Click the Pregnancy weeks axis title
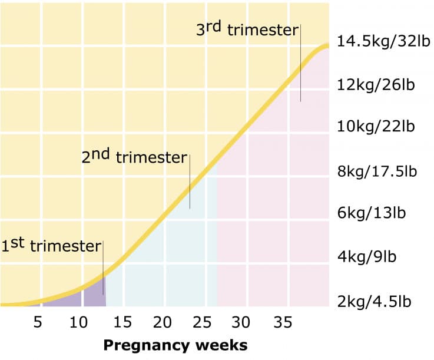coord(175,345)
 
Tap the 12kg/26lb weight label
coord(376,84)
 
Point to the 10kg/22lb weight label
coord(376,127)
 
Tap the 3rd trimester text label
coord(247,29)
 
